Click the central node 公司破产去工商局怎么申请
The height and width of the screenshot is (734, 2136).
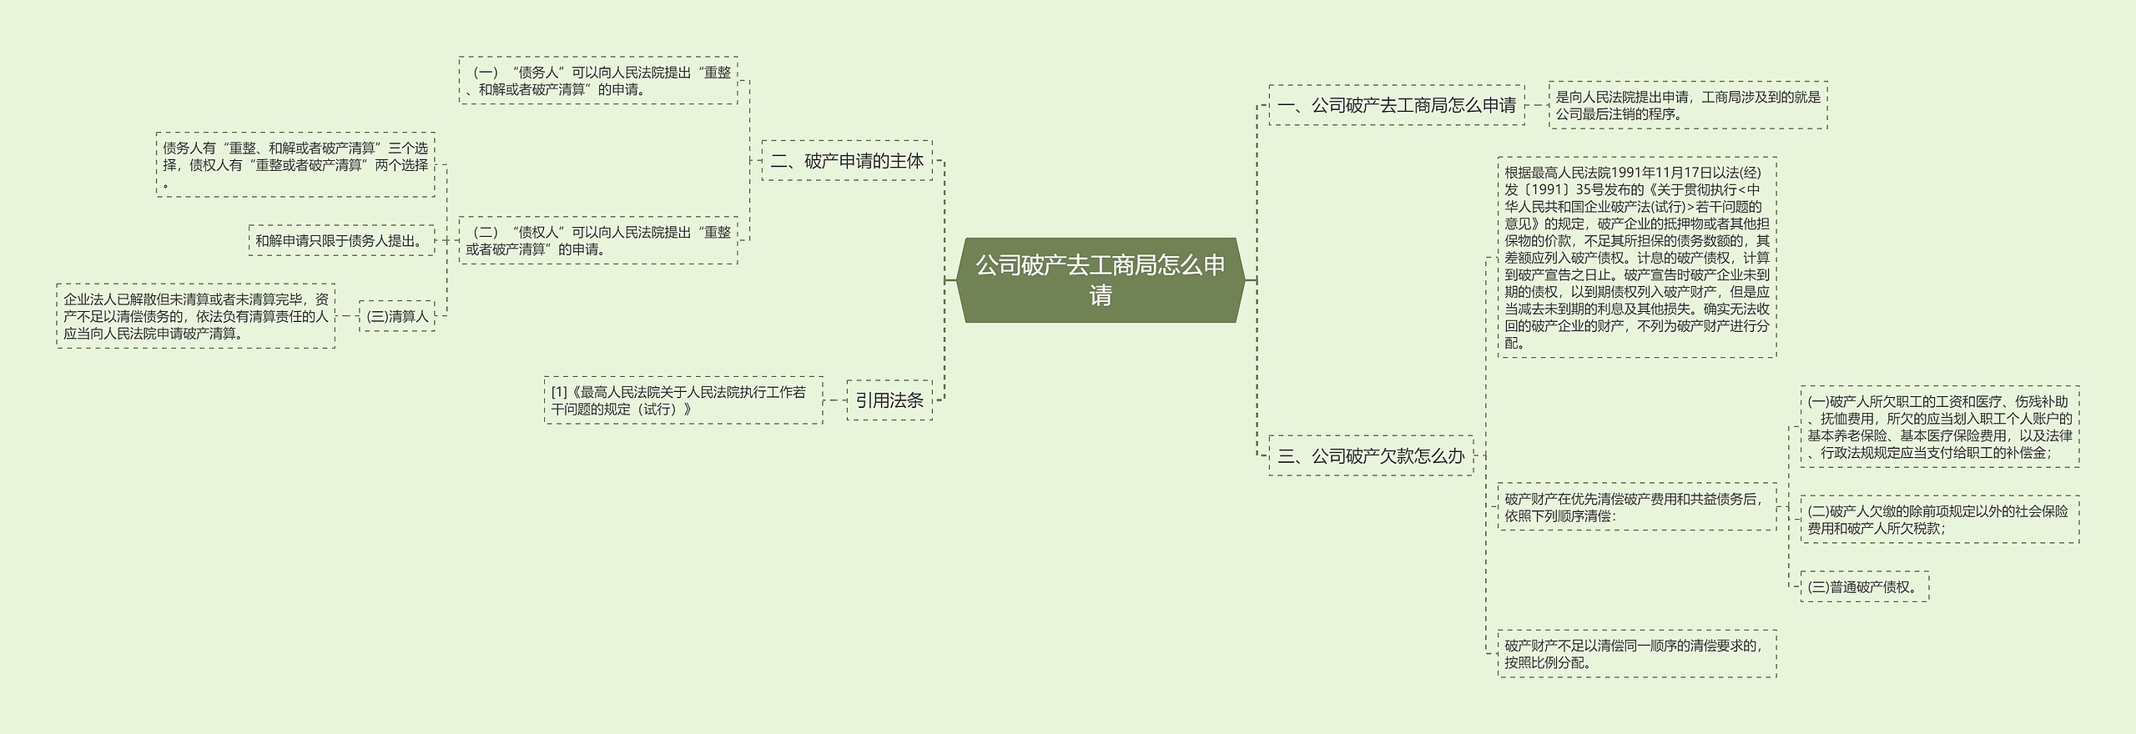coord(1100,280)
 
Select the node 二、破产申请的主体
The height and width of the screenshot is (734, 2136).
coord(847,161)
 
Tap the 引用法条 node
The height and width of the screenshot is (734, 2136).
coord(889,400)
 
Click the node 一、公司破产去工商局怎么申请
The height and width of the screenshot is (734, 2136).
coord(1397,105)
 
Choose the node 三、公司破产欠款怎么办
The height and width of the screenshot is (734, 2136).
coord(1371,455)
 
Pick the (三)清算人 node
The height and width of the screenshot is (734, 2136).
coord(397,316)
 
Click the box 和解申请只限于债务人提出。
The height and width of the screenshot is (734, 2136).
coord(341,240)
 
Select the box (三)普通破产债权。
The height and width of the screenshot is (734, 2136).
coord(1864,586)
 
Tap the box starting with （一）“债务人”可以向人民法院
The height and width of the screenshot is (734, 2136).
coord(598,81)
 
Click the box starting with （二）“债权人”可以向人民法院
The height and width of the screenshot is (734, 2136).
coord(598,240)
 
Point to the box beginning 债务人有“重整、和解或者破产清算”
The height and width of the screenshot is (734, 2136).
coord(295,164)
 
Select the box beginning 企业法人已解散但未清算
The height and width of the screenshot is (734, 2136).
coord(196,316)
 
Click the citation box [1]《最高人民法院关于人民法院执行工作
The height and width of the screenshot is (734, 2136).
coord(683,400)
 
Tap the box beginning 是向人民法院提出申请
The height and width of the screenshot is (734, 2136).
coord(1688,105)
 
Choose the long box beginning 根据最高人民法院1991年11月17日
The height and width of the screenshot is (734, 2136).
coord(1637,257)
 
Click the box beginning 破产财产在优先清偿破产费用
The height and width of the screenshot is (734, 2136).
coord(1637,507)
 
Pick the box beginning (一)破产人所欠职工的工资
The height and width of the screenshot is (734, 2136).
coord(1939,427)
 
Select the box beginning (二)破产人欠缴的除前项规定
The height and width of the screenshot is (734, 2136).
coord(1939,520)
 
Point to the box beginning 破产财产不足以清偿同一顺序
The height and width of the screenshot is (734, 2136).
coord(1637,654)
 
